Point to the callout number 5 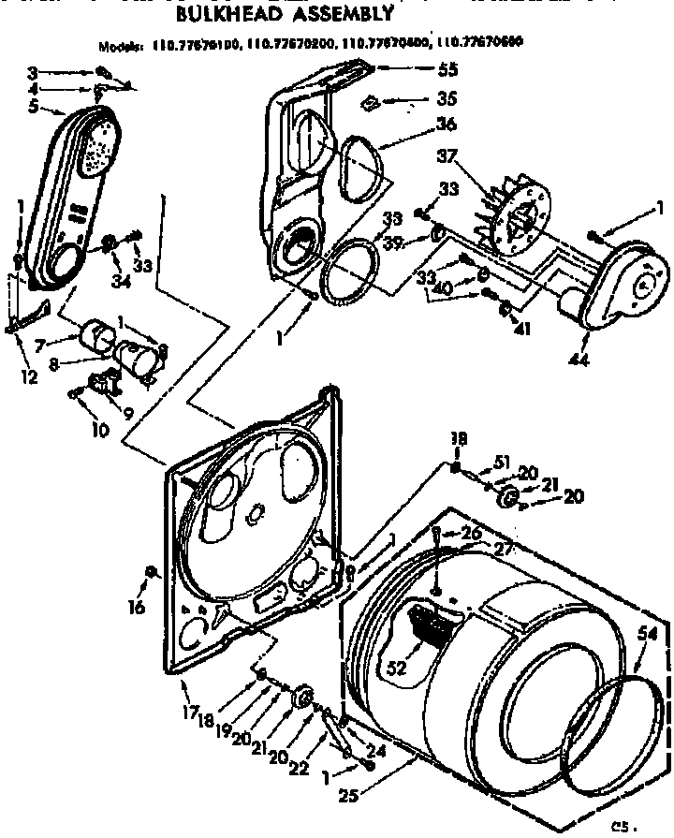click(34, 105)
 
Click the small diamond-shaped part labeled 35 click(372, 100)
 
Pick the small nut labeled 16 click(150, 572)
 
